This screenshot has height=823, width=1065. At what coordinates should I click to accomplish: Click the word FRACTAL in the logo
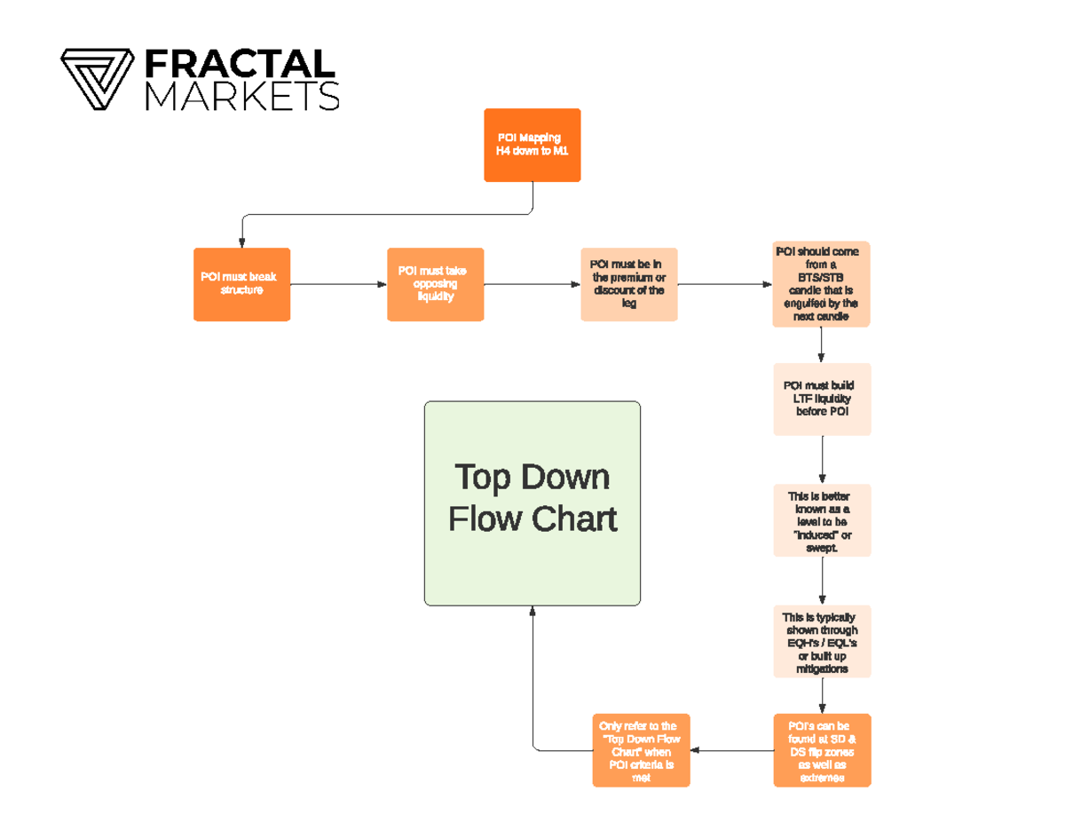click(239, 64)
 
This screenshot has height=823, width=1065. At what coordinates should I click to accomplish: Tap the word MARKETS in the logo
click(241, 96)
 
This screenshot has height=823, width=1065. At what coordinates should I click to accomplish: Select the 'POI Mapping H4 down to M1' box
click(532, 145)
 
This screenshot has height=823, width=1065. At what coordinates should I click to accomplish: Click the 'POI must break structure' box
click(241, 284)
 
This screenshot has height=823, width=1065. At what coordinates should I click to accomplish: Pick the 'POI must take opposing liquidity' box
click(435, 284)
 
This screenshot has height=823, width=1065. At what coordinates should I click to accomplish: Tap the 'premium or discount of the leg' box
click(628, 284)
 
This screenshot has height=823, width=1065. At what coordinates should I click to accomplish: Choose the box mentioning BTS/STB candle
click(821, 284)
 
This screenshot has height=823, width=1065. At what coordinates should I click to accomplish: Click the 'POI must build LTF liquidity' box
click(822, 399)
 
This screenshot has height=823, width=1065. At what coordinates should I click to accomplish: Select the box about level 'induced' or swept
click(822, 520)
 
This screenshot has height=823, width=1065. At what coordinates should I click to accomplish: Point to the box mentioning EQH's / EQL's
click(822, 642)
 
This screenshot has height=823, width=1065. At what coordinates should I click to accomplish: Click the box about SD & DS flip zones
click(822, 750)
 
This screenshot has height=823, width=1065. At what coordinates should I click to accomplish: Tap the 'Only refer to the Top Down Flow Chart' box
click(641, 750)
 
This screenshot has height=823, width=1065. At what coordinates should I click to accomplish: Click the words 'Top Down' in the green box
click(532, 477)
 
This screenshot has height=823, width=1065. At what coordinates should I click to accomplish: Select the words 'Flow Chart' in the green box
click(532, 518)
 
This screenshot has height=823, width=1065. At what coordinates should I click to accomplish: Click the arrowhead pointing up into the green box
click(532, 612)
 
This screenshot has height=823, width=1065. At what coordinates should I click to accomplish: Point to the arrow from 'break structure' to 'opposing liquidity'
click(338, 284)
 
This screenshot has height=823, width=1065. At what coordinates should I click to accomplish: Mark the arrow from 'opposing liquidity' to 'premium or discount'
click(532, 284)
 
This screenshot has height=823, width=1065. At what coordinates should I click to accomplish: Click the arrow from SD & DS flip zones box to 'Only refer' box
click(731, 750)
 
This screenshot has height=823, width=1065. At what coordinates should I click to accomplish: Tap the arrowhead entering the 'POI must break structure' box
click(241, 242)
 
